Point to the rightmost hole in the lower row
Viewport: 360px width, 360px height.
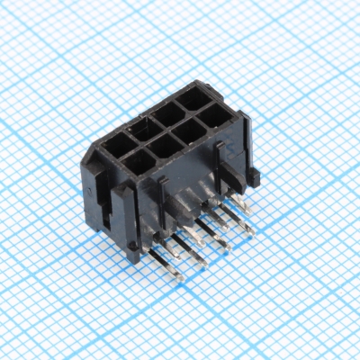tap(214, 115)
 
